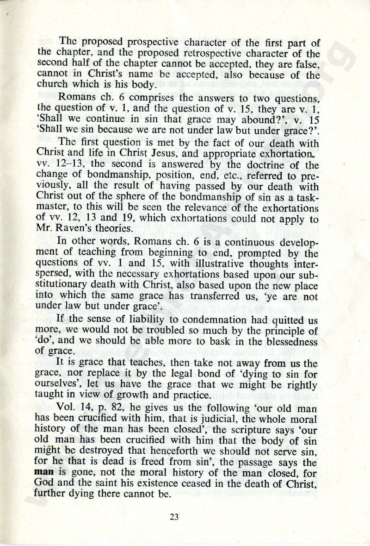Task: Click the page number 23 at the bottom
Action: point(174,517)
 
